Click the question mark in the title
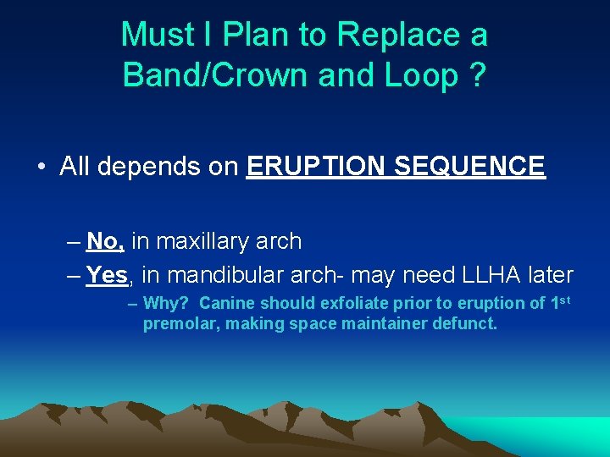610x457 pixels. tap(477, 74)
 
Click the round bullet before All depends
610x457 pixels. tap(42, 167)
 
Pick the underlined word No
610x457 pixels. tap(106, 241)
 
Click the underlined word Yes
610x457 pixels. tap(107, 275)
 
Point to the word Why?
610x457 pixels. tap(167, 303)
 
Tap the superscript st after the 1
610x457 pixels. tap(563, 300)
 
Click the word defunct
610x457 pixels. tap(465, 323)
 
